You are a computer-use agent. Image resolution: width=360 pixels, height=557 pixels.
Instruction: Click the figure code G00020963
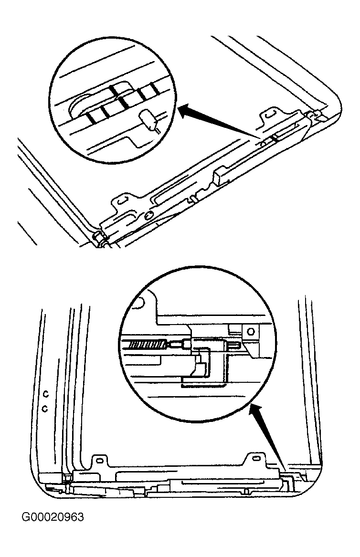click(53, 516)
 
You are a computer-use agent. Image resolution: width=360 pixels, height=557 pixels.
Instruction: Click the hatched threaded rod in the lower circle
click(146, 345)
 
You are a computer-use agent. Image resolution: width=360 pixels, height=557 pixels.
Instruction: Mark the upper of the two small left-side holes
click(45, 393)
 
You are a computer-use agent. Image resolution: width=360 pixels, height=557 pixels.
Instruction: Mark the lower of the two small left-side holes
click(44, 409)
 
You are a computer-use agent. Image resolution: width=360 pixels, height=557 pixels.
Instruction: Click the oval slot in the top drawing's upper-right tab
click(269, 115)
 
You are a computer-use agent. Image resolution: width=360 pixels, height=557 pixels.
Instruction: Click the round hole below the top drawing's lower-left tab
click(148, 214)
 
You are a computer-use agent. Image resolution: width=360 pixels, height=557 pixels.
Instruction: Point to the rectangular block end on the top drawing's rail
click(219, 177)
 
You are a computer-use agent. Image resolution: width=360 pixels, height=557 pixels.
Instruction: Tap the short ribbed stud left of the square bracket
click(233, 345)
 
